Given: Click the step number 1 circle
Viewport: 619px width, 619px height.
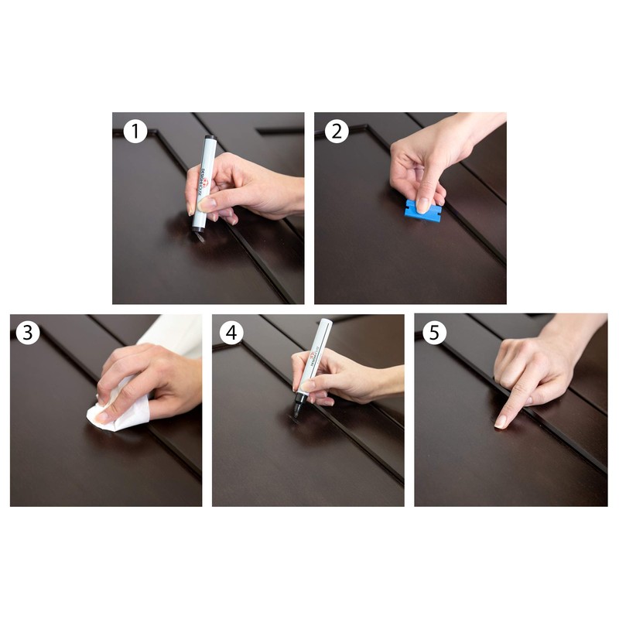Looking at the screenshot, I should click(135, 132).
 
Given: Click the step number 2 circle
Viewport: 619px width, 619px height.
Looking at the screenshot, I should click(337, 132).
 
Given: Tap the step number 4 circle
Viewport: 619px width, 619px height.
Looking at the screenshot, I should click(231, 333).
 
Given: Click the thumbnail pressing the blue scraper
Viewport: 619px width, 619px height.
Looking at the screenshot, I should click(423, 205).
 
